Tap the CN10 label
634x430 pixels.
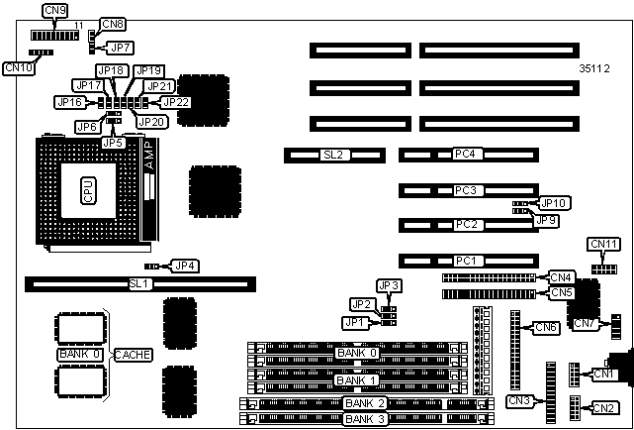tap(19, 68)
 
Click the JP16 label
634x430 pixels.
tap(69, 102)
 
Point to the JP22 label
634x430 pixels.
tap(175, 101)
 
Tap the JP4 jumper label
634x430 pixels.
tap(185, 266)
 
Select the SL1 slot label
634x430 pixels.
tap(139, 284)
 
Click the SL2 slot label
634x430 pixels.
tap(332, 156)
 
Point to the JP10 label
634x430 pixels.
tap(555, 203)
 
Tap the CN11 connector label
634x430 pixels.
tap(603, 244)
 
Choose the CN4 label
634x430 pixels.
tap(562, 277)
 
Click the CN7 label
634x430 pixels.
tap(585, 323)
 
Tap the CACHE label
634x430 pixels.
tap(133, 354)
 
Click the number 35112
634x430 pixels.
tap(596, 69)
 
